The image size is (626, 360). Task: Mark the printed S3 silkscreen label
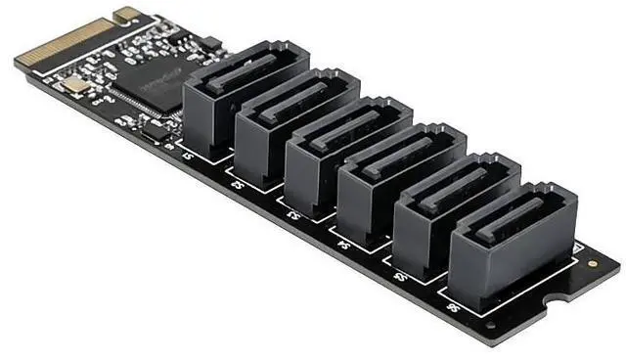coord(290,211)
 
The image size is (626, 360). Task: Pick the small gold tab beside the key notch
coord(126,14)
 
